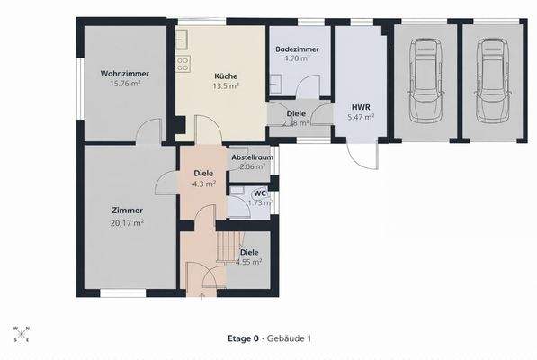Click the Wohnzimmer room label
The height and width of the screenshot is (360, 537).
click(125, 74)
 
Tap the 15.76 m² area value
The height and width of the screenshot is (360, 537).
click(125, 85)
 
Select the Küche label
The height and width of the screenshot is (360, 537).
click(226, 76)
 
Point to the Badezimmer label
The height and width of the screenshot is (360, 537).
click(294, 49)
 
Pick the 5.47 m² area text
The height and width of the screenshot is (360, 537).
click(360, 117)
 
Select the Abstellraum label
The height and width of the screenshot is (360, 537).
click(252, 157)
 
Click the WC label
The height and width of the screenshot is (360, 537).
click(259, 193)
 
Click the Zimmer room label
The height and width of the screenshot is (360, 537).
click(127, 211)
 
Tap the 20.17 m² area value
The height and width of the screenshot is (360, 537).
click(127, 222)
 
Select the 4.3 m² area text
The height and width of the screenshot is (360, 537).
click(204, 184)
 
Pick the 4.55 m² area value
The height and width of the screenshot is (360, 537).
click(249, 263)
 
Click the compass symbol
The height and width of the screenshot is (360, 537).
click(22, 334)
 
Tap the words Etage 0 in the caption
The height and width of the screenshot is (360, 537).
click(243, 338)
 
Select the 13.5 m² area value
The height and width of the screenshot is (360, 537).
click(226, 87)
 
